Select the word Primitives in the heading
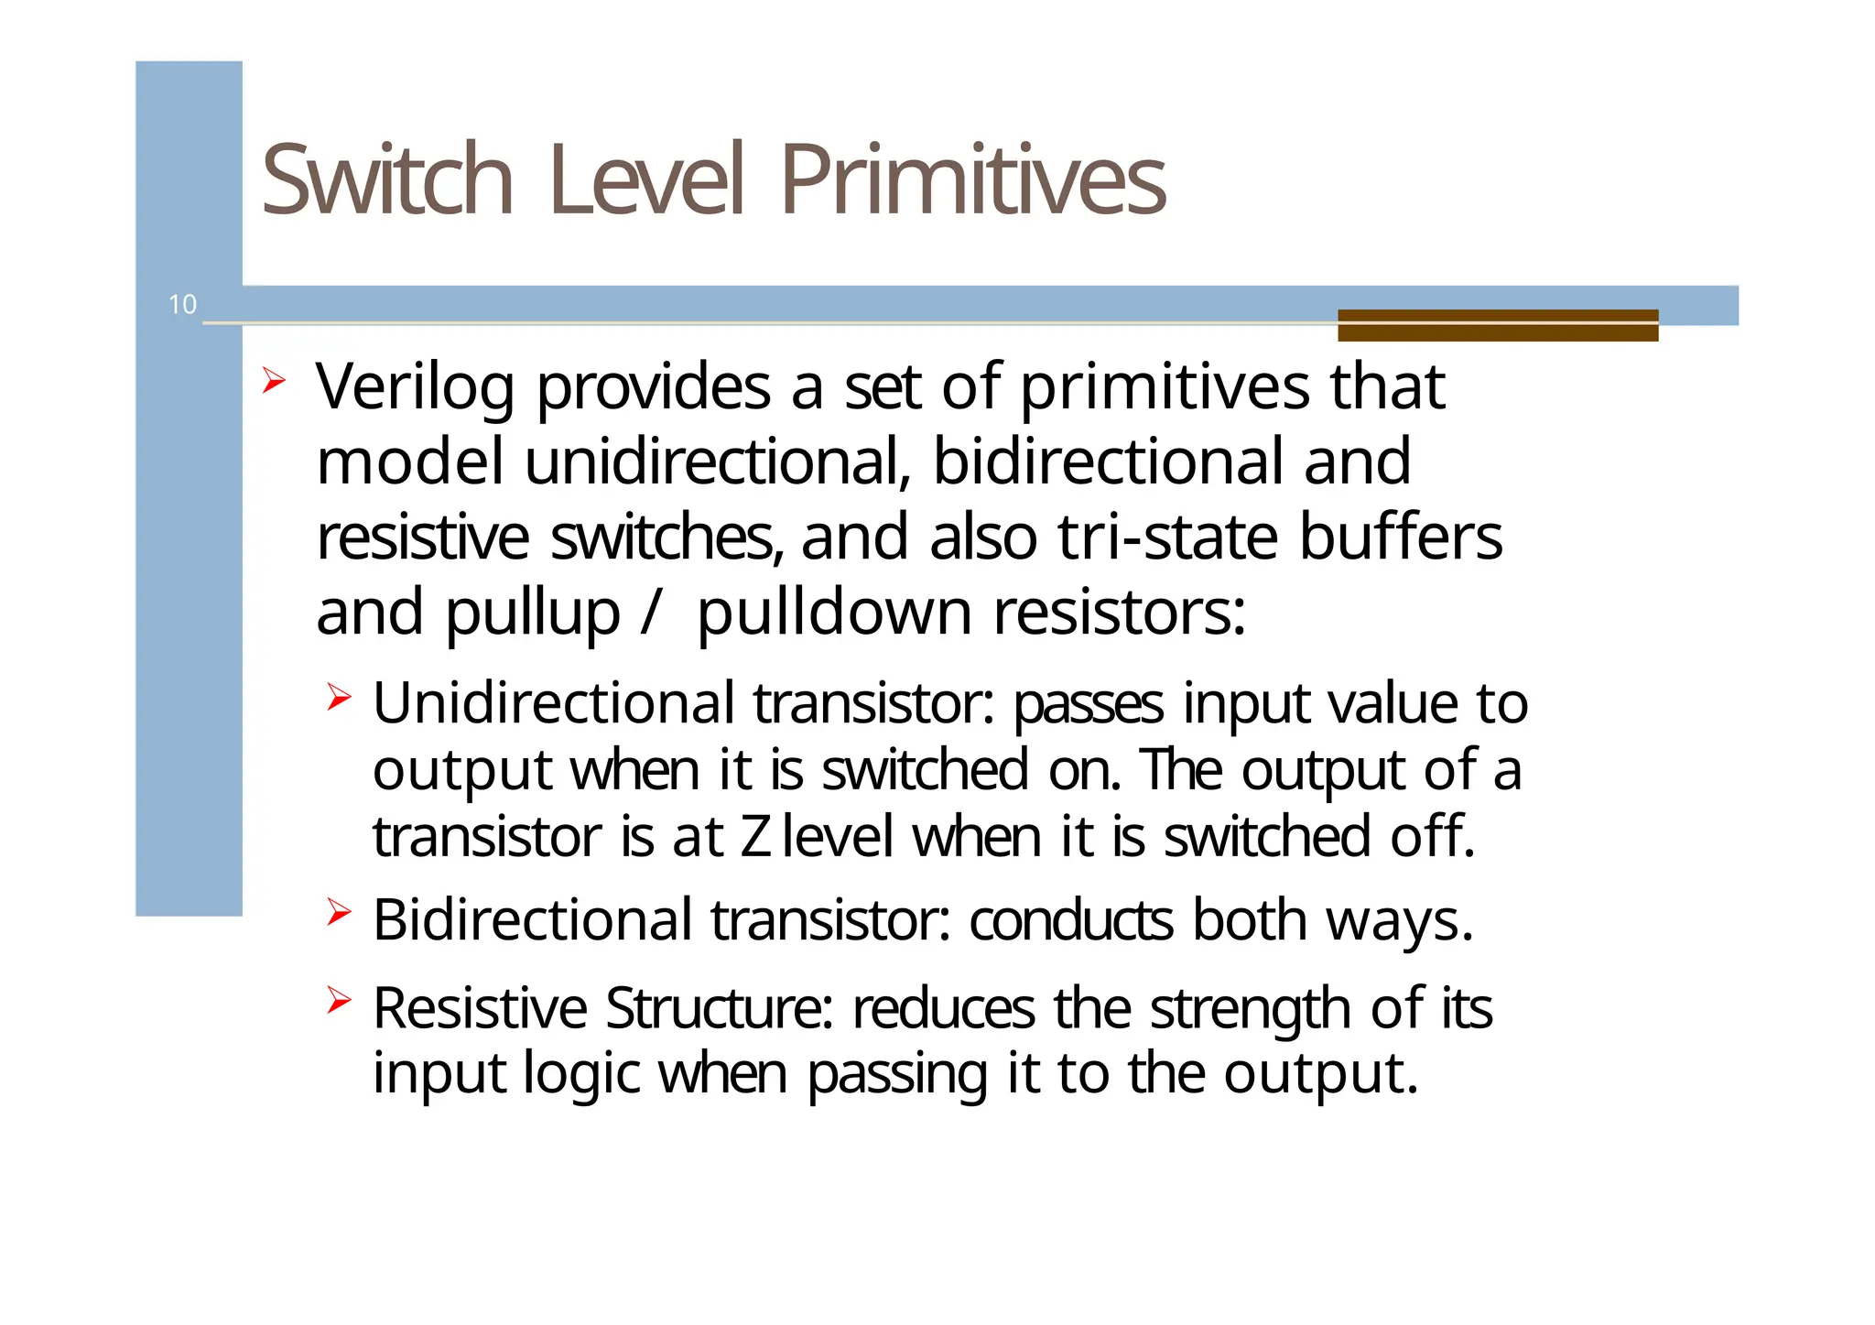pos(972,179)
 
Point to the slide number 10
pos(182,305)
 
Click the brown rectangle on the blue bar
pos(1497,325)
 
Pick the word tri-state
pos(1167,538)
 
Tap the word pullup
pos(532,614)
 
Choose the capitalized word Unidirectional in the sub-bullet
pos(553,703)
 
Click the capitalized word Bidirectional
pos(532,919)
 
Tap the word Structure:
pos(719,1008)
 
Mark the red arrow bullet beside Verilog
pos(273,380)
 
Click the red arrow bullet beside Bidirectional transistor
pos(338,912)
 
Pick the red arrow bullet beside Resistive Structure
pos(338,1000)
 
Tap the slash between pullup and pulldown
pos(649,612)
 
